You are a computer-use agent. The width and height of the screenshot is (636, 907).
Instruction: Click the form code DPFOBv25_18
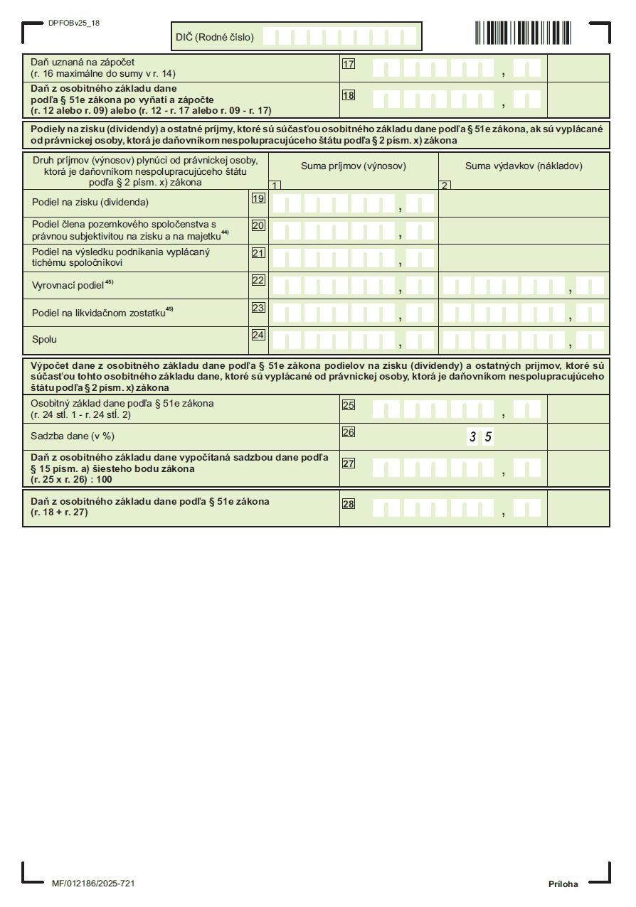74,23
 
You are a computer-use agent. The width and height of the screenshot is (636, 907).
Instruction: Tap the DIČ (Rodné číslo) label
215,37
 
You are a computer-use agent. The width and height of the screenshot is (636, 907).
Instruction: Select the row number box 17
349,64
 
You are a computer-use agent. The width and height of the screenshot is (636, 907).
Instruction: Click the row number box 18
349,95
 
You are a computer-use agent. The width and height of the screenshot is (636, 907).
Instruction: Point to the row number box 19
258,199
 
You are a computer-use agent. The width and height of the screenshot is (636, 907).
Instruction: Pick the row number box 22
258,280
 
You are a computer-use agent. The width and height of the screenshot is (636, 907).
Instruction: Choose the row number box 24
258,335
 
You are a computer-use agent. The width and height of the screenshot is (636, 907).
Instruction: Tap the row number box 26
349,431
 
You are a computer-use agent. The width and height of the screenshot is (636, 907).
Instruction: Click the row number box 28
349,505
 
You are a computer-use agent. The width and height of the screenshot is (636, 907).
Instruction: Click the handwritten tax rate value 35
480,437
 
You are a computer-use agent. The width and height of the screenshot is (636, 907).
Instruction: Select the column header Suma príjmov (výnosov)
354,166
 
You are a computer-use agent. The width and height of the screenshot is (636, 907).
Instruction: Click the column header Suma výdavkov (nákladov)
524,166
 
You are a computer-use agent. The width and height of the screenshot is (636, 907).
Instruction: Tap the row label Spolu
44,340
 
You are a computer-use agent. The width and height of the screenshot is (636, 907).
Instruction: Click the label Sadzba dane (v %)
73,436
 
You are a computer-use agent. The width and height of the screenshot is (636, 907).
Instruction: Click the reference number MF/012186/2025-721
93,884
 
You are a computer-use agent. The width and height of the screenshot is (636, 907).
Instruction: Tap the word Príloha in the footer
563,884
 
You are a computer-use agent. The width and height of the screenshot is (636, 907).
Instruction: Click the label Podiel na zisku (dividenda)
90,202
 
